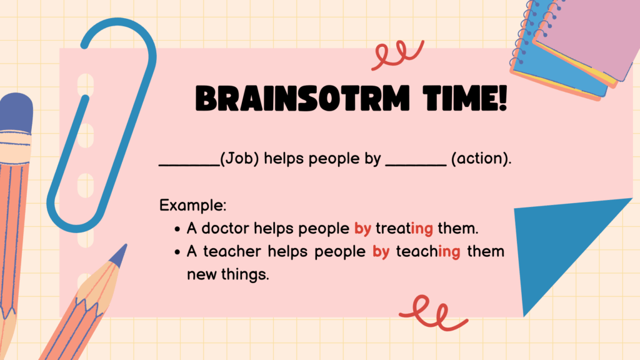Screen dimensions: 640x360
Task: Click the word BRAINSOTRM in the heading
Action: [302, 98]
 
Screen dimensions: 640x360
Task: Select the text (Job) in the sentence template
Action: [239, 158]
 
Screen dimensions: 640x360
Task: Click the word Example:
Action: [192, 205]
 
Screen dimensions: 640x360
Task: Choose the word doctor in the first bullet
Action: [225, 228]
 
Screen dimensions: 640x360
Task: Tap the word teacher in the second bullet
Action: [232, 251]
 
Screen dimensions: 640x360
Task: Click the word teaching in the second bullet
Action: [427, 252]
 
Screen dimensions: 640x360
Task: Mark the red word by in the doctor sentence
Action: [362, 229]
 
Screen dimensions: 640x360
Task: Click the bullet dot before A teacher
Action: [177, 252]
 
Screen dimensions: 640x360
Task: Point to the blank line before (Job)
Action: [189, 165]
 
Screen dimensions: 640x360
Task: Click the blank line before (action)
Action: [416, 165]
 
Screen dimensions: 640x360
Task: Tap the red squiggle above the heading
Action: [397, 54]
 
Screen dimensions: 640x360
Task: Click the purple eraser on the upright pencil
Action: [16, 112]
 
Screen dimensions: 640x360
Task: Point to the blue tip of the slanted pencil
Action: [119, 255]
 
